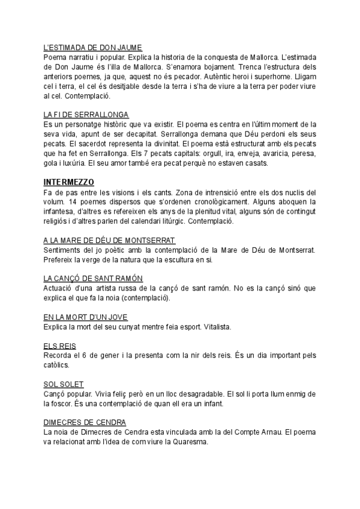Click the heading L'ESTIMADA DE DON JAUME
tap(93, 47)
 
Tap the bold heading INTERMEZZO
tap(69, 182)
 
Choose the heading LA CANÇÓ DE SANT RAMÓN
tap(93, 279)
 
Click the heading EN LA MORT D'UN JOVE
tap(86, 318)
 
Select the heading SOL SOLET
tap(63, 384)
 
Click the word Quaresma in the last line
tap(189, 442)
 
